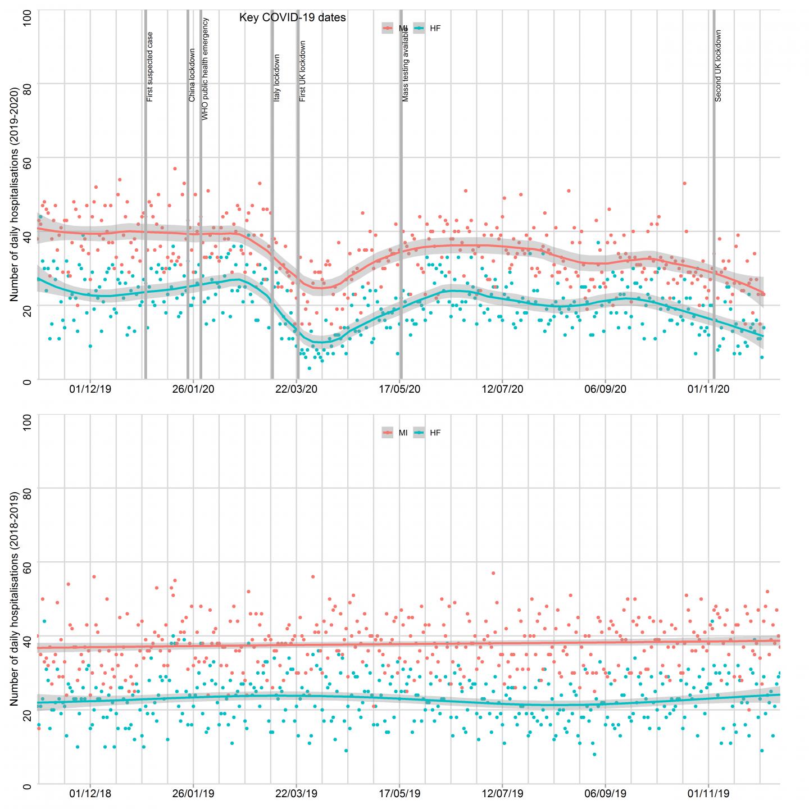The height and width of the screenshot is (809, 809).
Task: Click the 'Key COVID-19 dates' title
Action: coord(292,18)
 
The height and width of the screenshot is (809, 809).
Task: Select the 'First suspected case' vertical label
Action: coord(150,67)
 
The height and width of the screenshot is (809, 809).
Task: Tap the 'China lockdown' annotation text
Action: coord(192,75)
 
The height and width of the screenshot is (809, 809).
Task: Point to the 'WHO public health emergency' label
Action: coord(205,69)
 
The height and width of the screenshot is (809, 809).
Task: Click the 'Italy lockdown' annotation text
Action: coord(276,78)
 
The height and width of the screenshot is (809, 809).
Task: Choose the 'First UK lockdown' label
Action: coord(302,71)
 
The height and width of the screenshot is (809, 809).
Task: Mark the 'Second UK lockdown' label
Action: coord(718,66)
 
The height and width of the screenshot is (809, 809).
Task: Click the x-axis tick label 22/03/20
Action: coord(296,389)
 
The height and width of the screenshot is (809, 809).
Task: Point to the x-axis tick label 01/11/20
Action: coord(708,389)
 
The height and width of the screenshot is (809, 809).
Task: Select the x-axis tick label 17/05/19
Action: coord(399,793)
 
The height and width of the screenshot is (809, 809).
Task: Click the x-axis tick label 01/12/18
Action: coord(90,793)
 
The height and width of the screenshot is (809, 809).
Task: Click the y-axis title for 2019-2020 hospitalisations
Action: coord(14,194)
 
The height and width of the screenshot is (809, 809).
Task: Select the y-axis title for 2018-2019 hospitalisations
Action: coord(14,598)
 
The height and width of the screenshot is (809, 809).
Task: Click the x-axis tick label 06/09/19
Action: coord(605,793)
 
